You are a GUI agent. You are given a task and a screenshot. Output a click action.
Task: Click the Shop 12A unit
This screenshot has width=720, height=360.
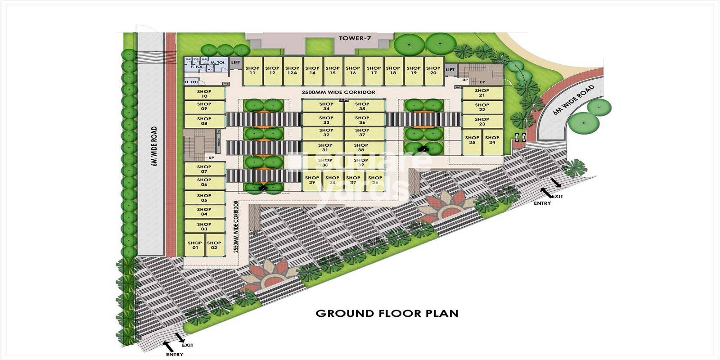[292, 71]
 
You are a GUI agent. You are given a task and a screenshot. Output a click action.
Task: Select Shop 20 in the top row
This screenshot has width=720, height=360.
[433, 71]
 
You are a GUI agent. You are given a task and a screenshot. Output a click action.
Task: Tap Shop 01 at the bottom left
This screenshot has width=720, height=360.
[195, 245]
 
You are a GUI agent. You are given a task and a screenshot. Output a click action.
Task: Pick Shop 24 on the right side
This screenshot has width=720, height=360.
[492, 140]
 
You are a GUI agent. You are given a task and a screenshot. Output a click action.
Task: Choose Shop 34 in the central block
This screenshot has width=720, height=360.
[326, 106]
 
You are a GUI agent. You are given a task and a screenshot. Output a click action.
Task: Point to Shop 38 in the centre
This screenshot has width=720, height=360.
[361, 148]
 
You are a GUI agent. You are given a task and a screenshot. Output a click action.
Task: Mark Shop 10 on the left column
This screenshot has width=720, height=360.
[204, 94]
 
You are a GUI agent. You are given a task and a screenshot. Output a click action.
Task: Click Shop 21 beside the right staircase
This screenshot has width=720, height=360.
[482, 93]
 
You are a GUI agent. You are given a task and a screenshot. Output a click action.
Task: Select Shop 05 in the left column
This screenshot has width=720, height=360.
[204, 198]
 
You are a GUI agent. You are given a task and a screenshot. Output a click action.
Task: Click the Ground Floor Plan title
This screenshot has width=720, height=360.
[387, 313]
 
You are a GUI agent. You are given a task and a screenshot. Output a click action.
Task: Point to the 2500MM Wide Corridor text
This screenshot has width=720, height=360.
[338, 92]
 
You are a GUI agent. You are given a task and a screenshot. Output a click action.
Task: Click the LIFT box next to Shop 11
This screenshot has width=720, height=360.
[235, 63]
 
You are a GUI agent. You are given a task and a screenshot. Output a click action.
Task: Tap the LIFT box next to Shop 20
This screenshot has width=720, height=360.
[450, 70]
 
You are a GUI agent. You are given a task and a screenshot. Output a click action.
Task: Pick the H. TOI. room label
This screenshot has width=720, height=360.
[192, 82]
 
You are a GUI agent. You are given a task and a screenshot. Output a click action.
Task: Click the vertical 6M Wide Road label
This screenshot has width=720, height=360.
[154, 146]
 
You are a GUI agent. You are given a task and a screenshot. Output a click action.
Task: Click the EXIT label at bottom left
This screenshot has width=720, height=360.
[188, 345]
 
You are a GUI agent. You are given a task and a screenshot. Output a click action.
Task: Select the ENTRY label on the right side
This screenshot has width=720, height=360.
[542, 203]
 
